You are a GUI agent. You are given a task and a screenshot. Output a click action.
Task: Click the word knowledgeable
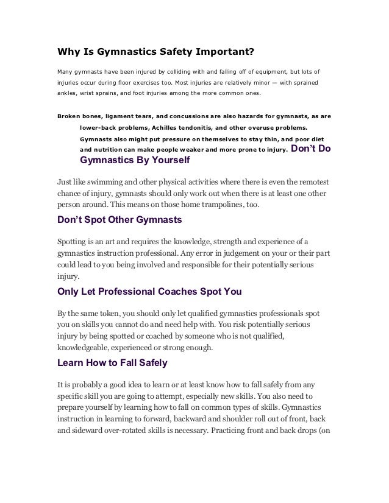coord(86,348)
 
